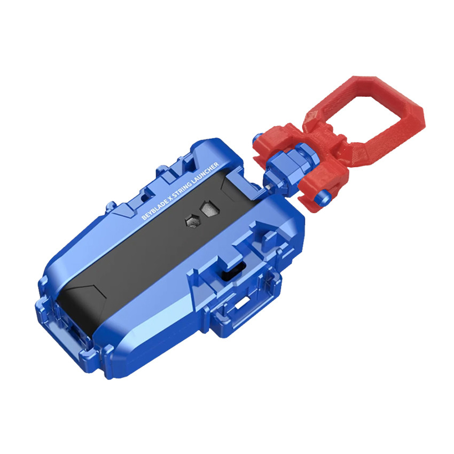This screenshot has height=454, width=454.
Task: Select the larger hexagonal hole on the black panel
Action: click(x=208, y=208)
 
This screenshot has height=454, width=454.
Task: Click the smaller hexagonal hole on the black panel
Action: click(x=192, y=221)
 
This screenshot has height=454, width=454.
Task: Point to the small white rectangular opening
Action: click(x=242, y=303)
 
